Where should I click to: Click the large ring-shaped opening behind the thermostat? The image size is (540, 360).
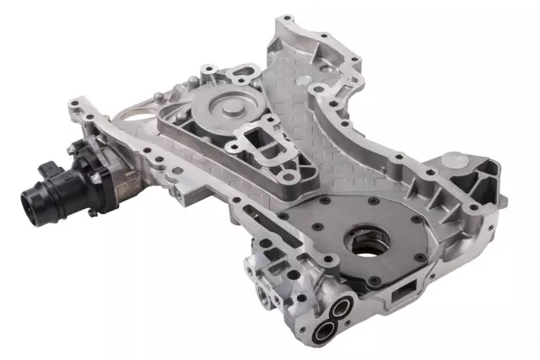coord(135,117)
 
